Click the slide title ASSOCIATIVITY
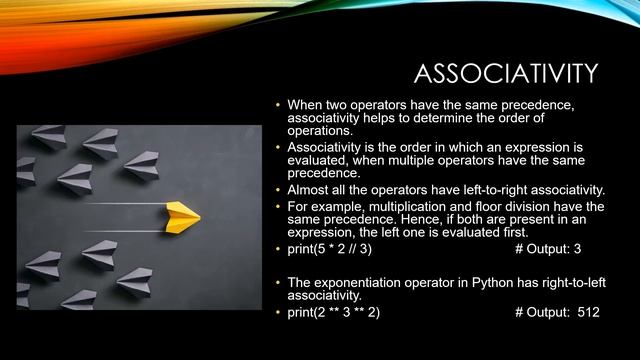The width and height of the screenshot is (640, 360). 506,74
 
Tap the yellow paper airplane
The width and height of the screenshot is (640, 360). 183,212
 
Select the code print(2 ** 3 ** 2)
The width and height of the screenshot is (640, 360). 334,312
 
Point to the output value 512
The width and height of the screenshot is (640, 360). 588,312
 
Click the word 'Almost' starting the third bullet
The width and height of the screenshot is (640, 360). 309,190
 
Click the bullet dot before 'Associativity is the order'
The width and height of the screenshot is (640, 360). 278,147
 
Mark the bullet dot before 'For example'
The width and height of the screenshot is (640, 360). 278,206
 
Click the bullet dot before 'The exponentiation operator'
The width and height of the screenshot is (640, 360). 278,283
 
